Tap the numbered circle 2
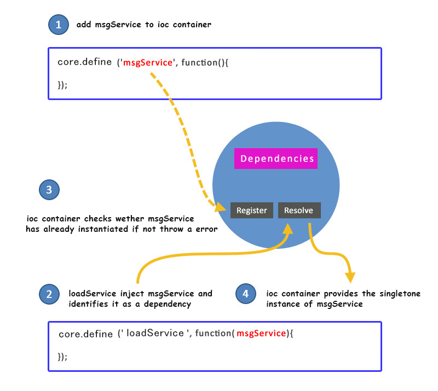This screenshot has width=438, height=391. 49,294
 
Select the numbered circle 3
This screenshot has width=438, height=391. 49,190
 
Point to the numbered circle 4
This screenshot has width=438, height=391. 245,294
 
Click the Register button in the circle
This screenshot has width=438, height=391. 252,211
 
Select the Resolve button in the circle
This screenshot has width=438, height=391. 299,211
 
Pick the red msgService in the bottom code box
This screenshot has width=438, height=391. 261,333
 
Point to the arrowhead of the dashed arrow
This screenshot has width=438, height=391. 221,207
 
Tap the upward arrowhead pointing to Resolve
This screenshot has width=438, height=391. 287,225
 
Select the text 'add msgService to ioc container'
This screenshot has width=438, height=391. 144,25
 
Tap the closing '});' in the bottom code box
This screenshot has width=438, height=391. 63,356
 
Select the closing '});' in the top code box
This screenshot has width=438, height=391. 63,85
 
